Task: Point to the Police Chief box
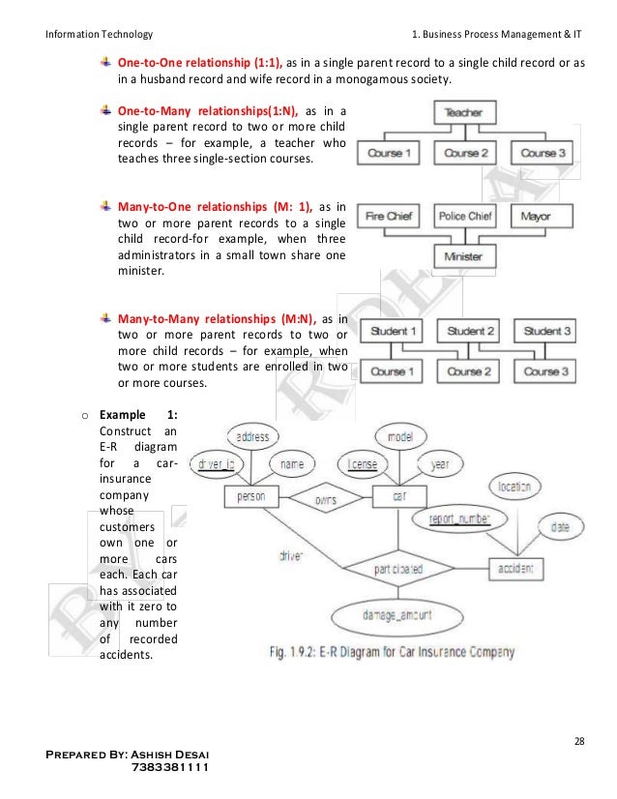[465, 217]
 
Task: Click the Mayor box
[536, 217]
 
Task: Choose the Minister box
[462, 257]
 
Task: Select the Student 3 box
[546, 332]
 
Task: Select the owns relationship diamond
[325, 500]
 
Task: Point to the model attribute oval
[399, 437]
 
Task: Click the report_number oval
[459, 519]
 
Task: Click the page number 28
[578, 742]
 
